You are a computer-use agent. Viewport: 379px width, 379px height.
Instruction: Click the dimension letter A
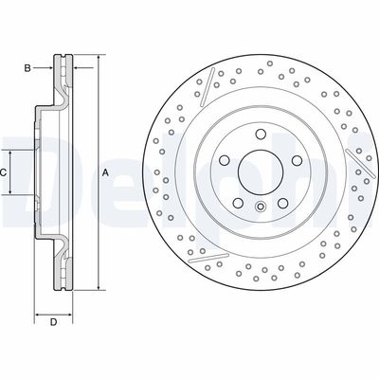105,171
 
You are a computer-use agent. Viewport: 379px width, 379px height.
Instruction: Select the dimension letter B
28,67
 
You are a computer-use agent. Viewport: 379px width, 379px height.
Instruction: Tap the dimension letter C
5,171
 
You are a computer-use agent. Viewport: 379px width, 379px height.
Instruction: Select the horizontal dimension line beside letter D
54,313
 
